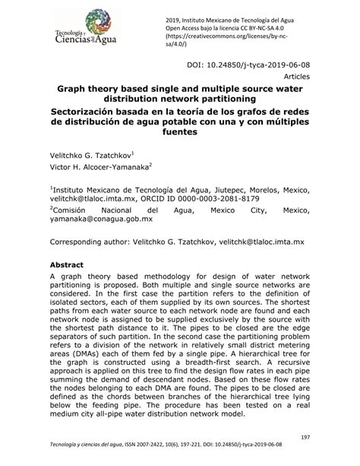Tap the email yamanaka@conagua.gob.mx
(101, 218)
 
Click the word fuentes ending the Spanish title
(180, 132)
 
